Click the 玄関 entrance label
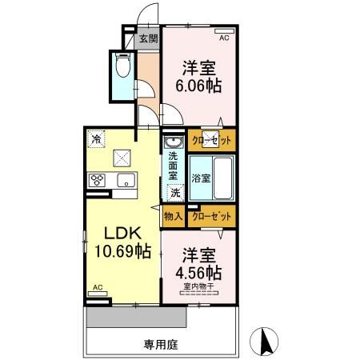click(148, 38)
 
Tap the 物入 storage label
click(174, 215)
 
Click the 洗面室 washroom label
click(174, 163)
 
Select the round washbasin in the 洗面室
click(174, 144)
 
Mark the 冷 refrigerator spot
click(96, 139)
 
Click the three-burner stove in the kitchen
click(98, 179)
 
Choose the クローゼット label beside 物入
click(213, 215)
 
